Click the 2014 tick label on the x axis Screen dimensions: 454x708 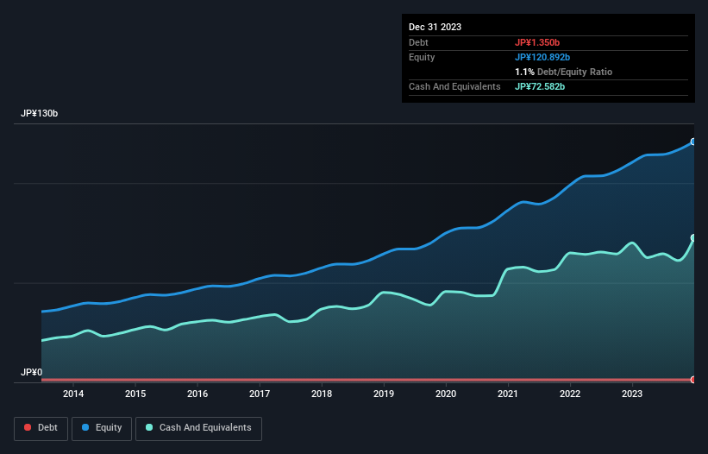[x=73, y=394]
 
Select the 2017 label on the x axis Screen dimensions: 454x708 [x=260, y=394]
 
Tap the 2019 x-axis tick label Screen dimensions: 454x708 [x=384, y=394]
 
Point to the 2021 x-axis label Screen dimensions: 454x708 [x=508, y=394]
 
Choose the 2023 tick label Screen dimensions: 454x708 [x=632, y=394]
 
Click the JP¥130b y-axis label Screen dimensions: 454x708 [x=40, y=114]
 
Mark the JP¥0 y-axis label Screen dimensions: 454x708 [x=31, y=373]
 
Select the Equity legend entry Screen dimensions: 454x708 [x=102, y=428]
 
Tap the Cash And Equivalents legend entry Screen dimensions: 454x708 [x=198, y=428]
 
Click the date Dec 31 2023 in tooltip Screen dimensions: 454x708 [x=435, y=27]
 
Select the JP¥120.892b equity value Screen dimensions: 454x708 [x=542, y=57]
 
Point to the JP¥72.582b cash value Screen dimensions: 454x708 [x=540, y=86]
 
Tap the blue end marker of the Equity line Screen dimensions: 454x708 [x=693, y=142]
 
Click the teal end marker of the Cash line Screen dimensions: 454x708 [x=693, y=237]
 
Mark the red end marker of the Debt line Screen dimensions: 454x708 [x=693, y=380]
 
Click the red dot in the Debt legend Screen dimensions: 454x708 [x=28, y=428]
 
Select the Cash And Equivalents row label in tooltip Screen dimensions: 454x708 [x=454, y=86]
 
